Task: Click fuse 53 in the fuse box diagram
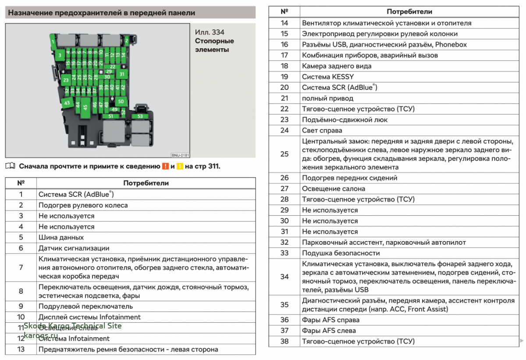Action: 140,116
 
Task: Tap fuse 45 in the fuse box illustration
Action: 85,107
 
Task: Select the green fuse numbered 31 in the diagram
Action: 122,74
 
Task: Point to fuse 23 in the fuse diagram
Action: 66,80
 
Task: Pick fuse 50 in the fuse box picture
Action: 121,101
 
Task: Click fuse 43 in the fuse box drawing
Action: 67,103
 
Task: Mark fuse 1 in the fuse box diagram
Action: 53,42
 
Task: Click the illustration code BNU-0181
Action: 180,155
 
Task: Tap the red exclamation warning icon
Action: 165,166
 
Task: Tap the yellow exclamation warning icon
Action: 179,166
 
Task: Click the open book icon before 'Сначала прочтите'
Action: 11,166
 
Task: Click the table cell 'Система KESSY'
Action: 328,77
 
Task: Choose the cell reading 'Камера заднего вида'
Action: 337,66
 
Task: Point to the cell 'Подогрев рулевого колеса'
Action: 83,205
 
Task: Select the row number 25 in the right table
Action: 284,154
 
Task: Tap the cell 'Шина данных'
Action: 61,237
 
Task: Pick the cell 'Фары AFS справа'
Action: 331,320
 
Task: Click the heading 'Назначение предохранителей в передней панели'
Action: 102,13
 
